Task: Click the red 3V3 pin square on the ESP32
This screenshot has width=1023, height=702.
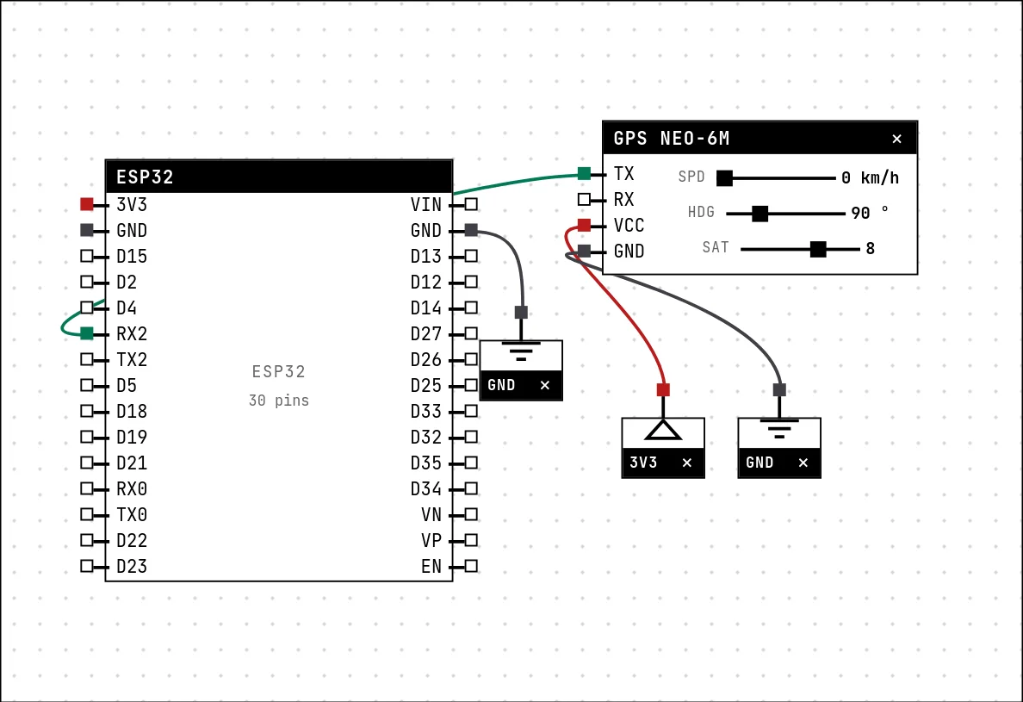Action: click(87, 204)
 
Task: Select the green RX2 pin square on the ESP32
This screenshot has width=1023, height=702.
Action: click(87, 333)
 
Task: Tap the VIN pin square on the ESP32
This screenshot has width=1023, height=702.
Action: click(471, 204)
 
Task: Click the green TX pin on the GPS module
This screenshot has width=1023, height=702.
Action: click(584, 173)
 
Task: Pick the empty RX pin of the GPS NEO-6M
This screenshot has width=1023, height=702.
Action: click(584, 199)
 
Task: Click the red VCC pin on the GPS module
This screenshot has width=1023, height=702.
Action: click(584, 225)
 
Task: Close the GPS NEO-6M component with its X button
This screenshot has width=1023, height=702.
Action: click(897, 139)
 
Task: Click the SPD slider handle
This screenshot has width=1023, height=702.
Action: click(724, 178)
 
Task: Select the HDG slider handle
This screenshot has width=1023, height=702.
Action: click(759, 214)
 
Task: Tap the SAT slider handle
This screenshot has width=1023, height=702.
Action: click(818, 249)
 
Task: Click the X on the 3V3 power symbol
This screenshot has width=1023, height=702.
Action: click(687, 463)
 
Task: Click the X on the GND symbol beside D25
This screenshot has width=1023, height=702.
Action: click(545, 385)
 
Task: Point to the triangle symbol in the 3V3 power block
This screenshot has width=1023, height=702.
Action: click(664, 431)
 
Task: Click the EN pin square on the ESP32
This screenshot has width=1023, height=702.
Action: click(471, 566)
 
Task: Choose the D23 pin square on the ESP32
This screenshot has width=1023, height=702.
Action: click(87, 566)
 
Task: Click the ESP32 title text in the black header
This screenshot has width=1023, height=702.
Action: click(145, 177)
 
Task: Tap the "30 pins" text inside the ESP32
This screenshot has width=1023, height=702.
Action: click(279, 400)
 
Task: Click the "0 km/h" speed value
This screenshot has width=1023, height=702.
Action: click(870, 177)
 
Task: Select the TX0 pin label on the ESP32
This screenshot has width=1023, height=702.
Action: click(132, 515)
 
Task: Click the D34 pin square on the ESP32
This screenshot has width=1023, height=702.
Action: click(471, 488)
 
